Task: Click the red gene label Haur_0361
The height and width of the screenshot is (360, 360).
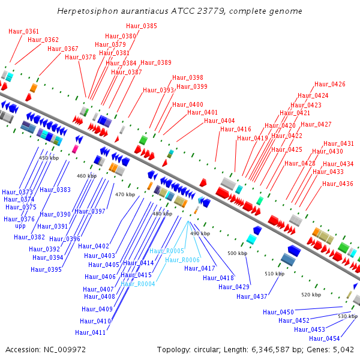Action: (23, 31)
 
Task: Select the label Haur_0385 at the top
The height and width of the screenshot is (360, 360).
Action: (142, 26)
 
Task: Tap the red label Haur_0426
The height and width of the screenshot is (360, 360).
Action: (329, 84)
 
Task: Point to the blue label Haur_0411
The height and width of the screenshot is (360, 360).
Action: (90, 332)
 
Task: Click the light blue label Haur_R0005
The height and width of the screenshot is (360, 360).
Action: (167, 251)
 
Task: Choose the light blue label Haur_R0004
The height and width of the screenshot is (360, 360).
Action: (138, 284)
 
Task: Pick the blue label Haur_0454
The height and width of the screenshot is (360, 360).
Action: (324, 338)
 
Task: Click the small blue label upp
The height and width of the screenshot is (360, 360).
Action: (20, 226)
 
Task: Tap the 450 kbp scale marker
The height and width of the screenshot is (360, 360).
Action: (49, 158)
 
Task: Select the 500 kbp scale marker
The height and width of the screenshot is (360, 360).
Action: (238, 253)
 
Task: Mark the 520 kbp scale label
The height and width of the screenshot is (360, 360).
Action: (311, 295)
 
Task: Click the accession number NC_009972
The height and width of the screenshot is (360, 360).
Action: (65, 350)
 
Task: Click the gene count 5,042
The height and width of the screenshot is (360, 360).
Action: (343, 350)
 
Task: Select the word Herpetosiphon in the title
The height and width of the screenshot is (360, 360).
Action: (88, 11)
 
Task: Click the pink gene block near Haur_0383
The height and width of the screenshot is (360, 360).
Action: (75, 149)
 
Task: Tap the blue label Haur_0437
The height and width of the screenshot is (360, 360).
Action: (252, 296)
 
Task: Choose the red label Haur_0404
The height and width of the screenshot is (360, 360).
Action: (220, 121)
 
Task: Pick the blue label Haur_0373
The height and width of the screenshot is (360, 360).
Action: (17, 192)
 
